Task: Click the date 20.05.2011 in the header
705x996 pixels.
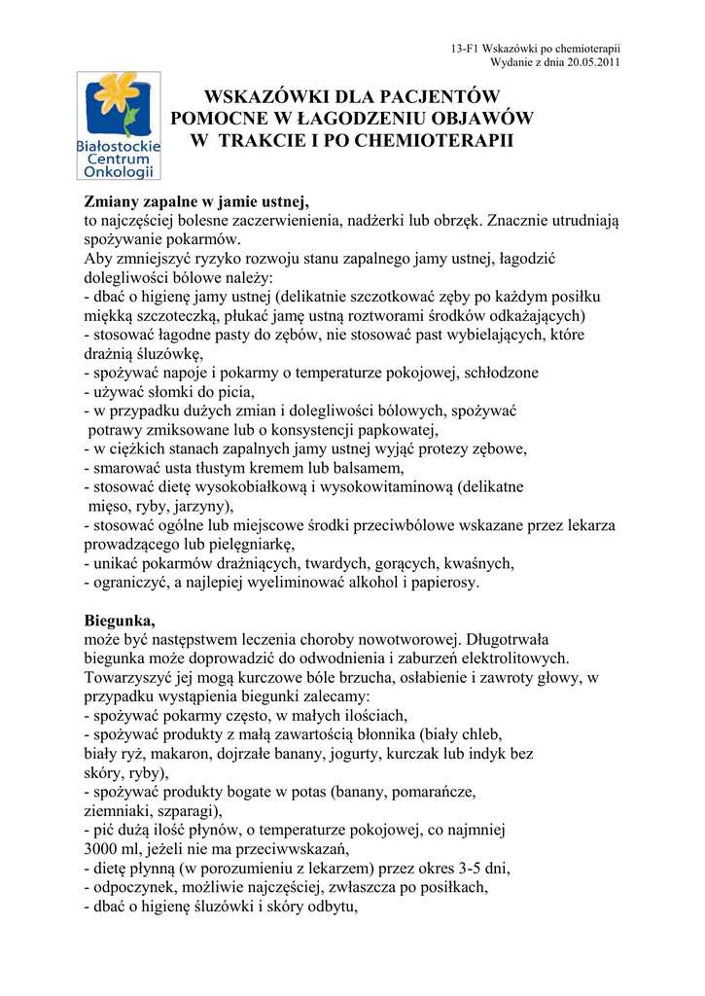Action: click(590, 61)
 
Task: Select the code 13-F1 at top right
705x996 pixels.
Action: click(467, 48)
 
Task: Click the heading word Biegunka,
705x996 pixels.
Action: click(120, 621)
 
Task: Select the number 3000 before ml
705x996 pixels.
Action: click(102, 849)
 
